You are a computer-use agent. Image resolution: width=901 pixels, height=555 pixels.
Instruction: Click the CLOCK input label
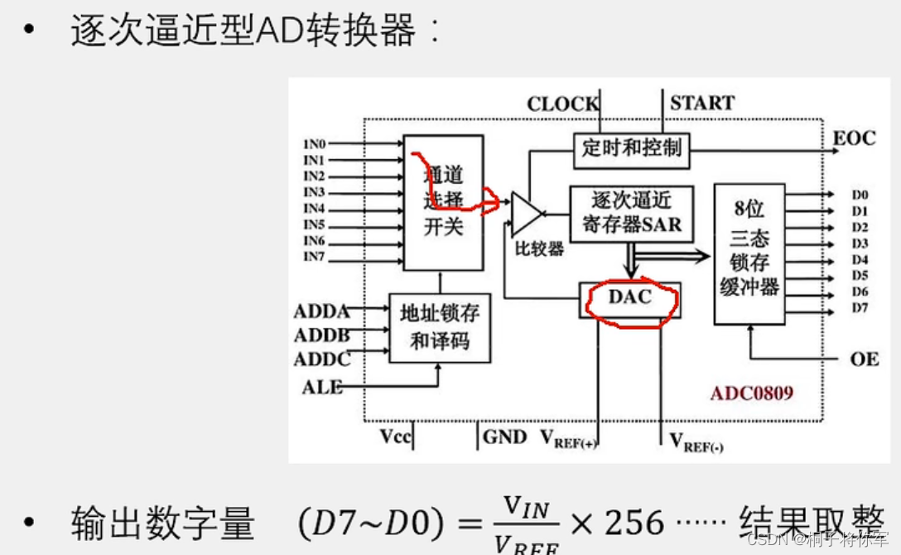[x=562, y=104]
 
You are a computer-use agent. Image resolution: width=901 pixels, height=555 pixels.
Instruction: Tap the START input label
[x=701, y=104]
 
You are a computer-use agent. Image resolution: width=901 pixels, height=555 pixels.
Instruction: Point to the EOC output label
[x=854, y=138]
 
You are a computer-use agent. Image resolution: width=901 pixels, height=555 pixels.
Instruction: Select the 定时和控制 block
[x=632, y=148]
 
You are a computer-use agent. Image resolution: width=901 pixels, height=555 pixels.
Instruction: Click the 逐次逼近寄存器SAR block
[x=631, y=213]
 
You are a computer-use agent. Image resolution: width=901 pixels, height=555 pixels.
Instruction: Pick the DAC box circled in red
[x=630, y=299]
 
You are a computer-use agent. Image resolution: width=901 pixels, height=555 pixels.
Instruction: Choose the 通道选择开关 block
[x=443, y=202]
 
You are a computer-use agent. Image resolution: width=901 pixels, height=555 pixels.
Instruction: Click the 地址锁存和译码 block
[x=440, y=327]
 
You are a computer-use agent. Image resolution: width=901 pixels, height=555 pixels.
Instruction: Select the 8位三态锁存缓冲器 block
[x=749, y=253]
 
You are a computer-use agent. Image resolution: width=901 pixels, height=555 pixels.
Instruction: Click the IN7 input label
[x=314, y=257]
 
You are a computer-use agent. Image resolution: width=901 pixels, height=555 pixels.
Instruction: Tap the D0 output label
[x=860, y=195]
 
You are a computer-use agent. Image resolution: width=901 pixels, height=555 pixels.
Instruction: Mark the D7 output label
[x=860, y=308]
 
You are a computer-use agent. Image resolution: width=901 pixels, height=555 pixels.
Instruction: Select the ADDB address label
[x=321, y=335]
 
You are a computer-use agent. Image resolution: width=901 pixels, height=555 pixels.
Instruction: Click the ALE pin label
[x=321, y=387]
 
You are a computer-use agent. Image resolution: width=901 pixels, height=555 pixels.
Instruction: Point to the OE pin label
[x=864, y=360]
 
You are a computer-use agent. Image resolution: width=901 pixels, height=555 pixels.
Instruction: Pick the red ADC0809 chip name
[x=751, y=392]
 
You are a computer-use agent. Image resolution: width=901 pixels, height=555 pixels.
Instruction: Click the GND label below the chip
[x=504, y=437]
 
